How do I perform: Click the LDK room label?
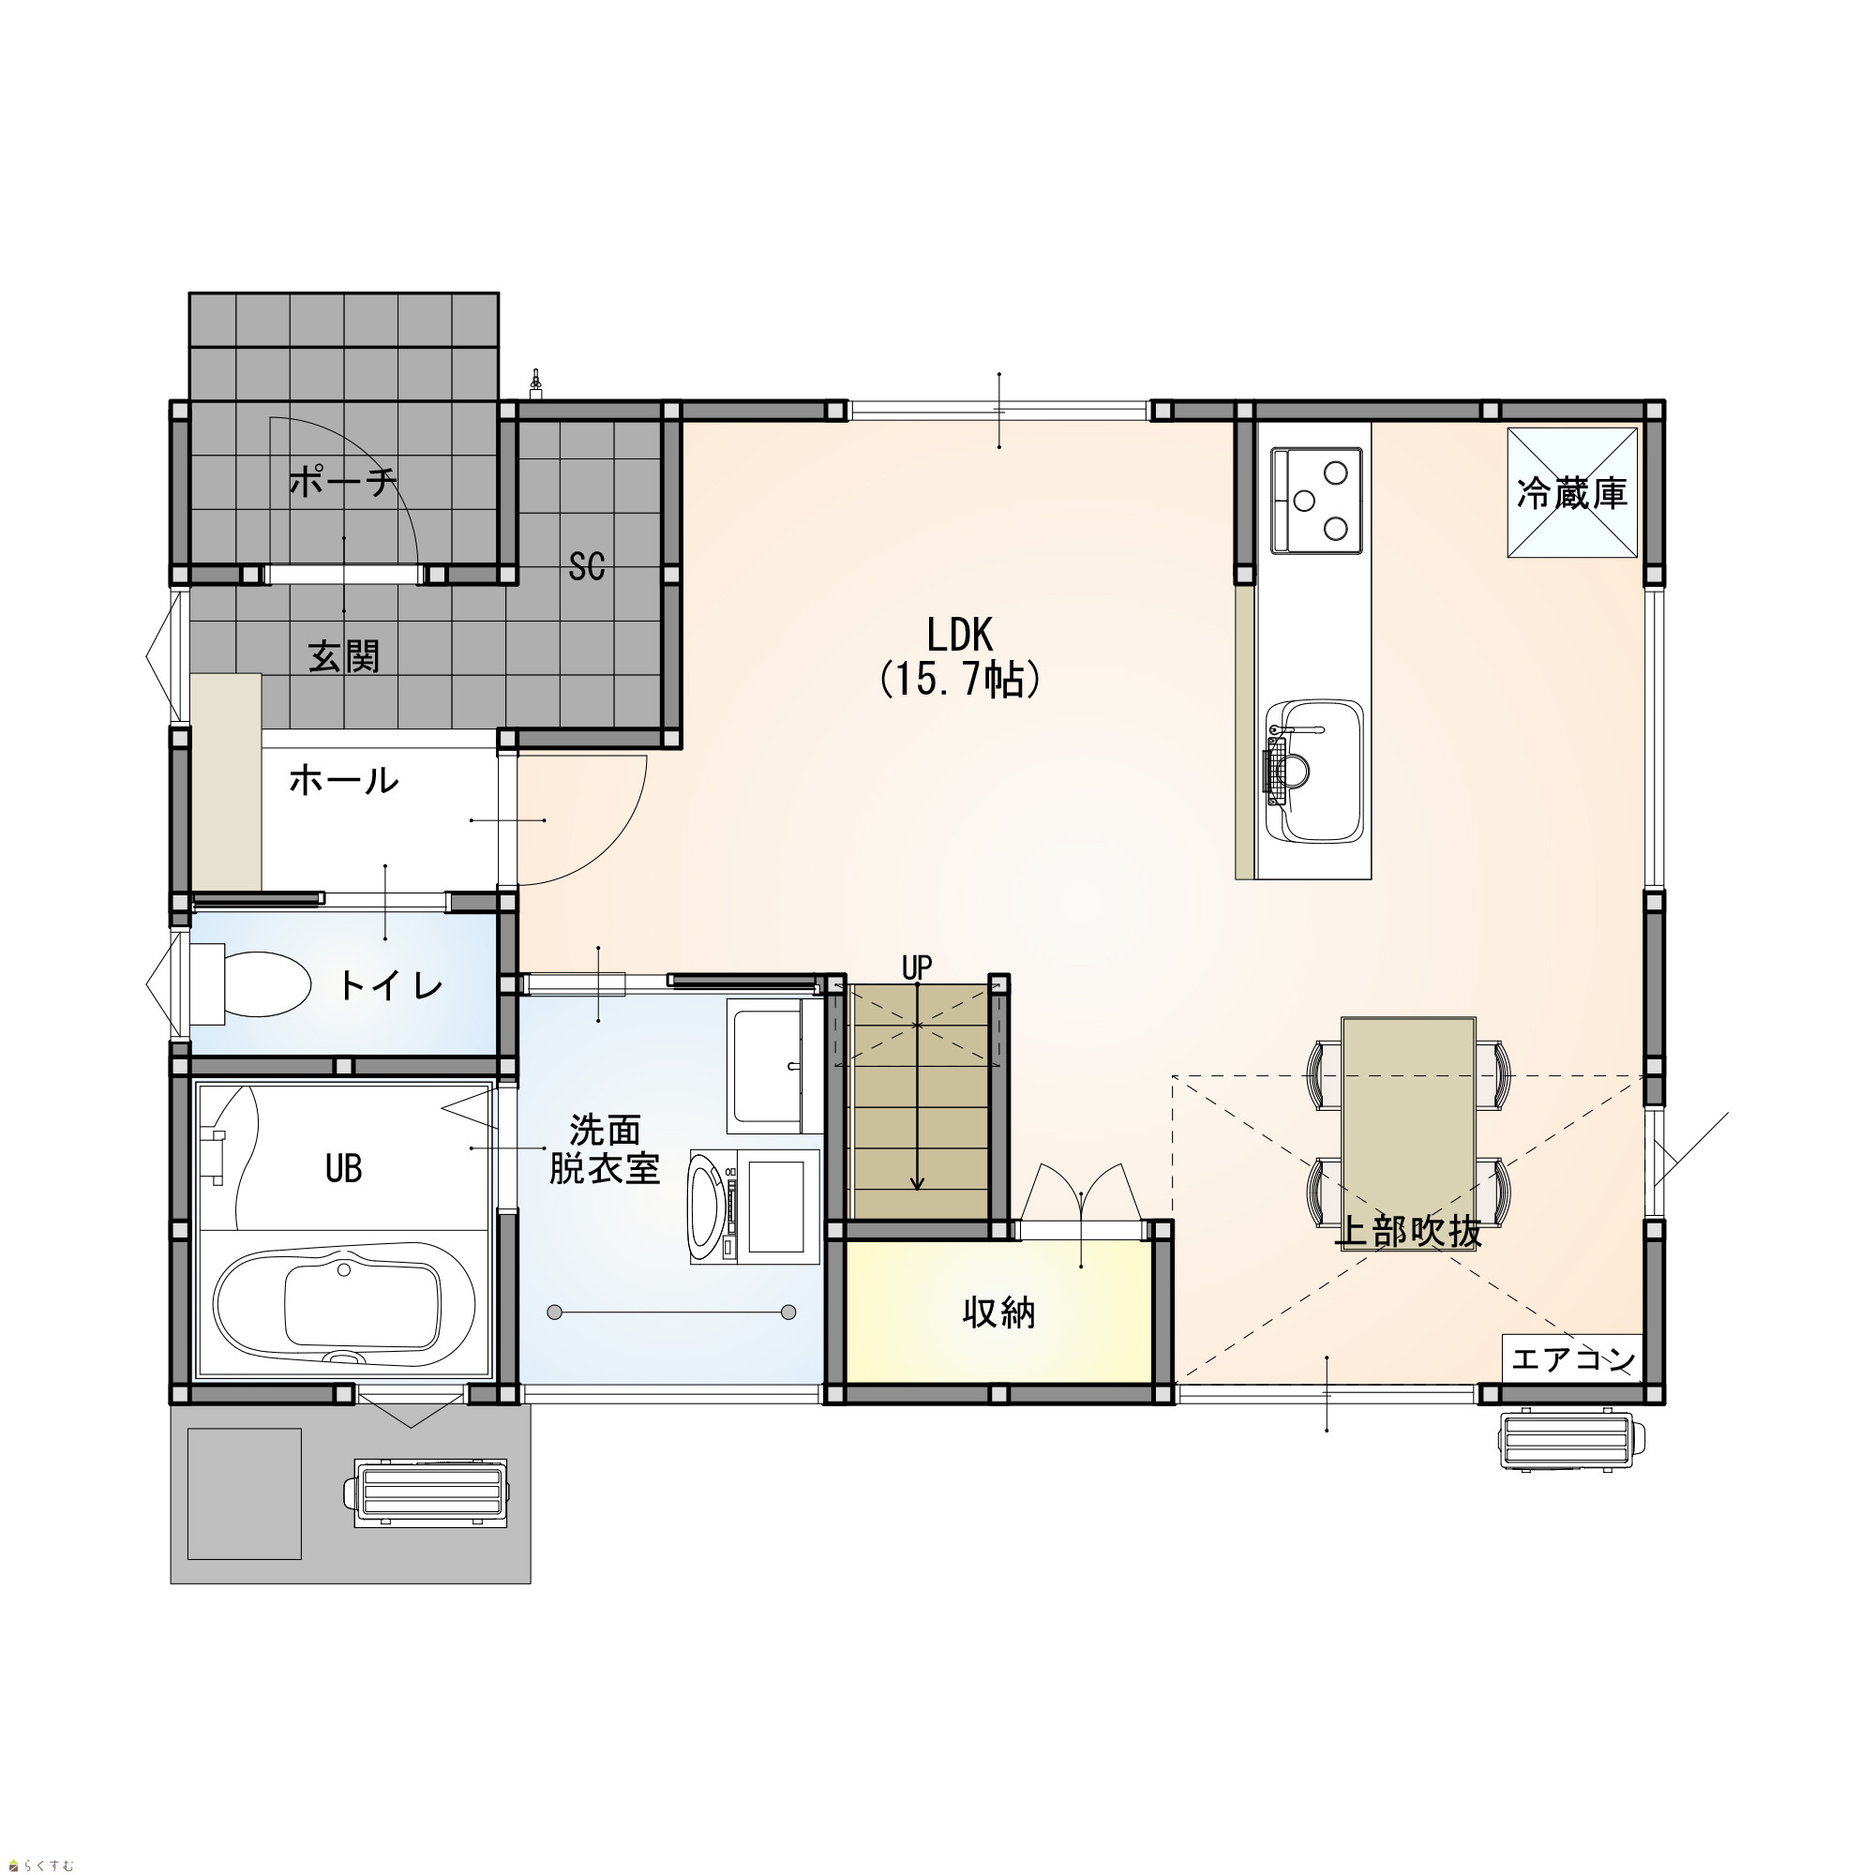pyautogui.click(x=960, y=636)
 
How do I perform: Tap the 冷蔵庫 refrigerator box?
pyautogui.click(x=1572, y=492)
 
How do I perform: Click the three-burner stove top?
pyautogui.click(x=1316, y=501)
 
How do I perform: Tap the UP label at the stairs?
pyautogui.click(x=917, y=967)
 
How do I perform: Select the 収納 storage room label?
pyautogui.click(x=998, y=1313)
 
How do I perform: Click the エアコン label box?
pyautogui.click(x=1572, y=1359)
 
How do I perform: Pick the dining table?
pyautogui.click(x=1408, y=1134)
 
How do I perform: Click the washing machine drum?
pyautogui.click(x=707, y=1207)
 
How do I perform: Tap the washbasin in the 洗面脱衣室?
pyautogui.click(x=766, y=1067)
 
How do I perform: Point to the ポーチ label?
pyautogui.click(x=343, y=481)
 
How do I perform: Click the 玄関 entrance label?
pyautogui.click(x=343, y=657)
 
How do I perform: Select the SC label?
pyautogui.click(x=587, y=567)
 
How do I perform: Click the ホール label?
pyautogui.click(x=343, y=780)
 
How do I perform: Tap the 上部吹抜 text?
pyautogui.click(x=1408, y=1232)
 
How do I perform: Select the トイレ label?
pyautogui.click(x=390, y=986)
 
